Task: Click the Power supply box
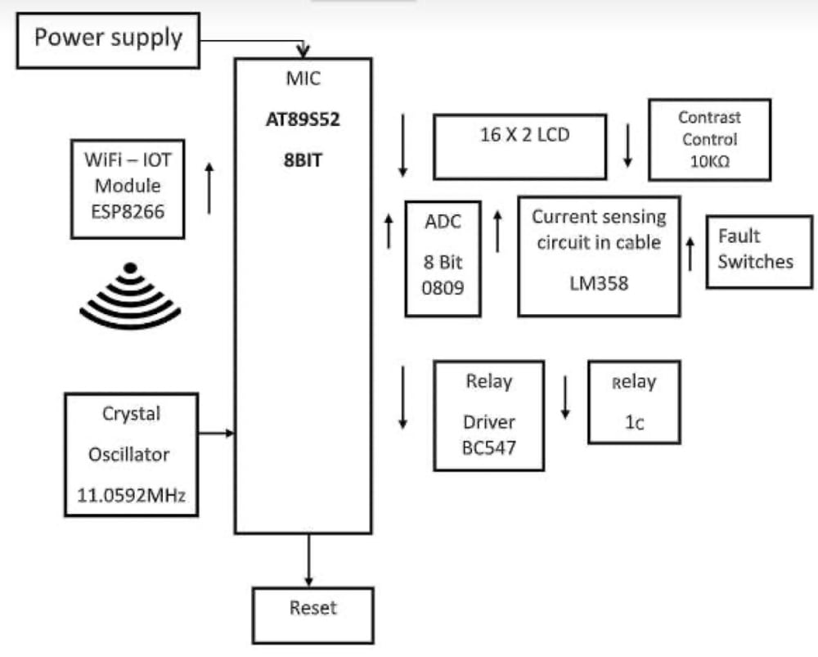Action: (108, 40)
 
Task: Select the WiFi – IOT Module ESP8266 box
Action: (128, 187)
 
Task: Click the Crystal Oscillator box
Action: (131, 454)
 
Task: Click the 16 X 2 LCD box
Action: (519, 146)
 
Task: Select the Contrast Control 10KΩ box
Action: (709, 140)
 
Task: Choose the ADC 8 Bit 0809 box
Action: (443, 258)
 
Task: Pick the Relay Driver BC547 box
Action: (488, 416)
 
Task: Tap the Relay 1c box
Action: (634, 402)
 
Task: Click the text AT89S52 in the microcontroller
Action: (303, 119)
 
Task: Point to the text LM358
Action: (598, 282)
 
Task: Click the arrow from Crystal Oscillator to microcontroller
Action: (217, 432)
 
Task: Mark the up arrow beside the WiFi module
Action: (209, 188)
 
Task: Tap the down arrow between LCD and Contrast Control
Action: (628, 145)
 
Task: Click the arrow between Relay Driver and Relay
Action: (564, 397)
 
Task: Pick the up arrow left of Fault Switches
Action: (690, 254)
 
